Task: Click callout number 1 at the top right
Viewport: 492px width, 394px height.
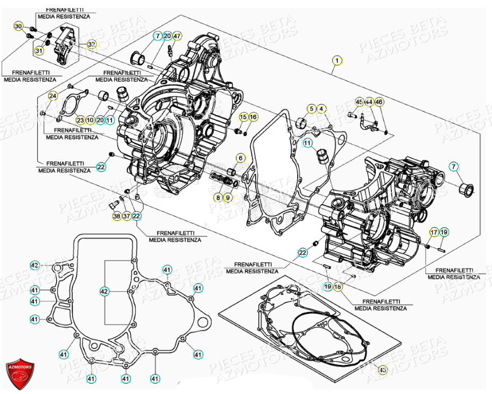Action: click(336, 61)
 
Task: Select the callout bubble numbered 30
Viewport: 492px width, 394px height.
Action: click(18, 27)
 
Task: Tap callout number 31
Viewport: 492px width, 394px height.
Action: click(39, 51)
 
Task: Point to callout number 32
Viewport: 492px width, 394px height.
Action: click(92, 44)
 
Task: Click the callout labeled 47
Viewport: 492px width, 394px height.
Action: click(177, 36)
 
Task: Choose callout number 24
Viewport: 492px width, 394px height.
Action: click(52, 96)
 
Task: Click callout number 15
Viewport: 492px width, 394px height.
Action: click(243, 117)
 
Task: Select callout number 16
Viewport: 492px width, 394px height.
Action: click(253, 117)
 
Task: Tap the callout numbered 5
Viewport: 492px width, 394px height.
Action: click(312, 109)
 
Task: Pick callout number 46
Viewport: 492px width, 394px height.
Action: click(379, 102)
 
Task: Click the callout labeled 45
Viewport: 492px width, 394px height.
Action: click(359, 102)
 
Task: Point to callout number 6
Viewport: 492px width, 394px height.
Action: click(241, 158)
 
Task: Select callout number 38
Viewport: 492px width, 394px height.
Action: click(117, 216)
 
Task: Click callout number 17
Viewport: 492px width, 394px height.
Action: click(434, 233)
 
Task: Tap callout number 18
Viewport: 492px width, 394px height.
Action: click(338, 287)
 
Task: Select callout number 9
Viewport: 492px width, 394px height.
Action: click(228, 198)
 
